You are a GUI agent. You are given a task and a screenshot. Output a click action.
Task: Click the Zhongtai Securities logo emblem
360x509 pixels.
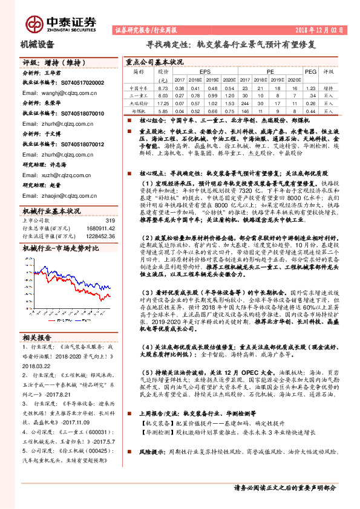[x=36, y=22]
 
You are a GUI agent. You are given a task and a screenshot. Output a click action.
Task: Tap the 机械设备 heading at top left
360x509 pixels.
[x=38, y=44]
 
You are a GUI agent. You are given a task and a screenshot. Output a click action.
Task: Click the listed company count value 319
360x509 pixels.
[x=110, y=221]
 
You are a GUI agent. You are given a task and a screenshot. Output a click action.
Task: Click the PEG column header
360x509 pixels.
[x=310, y=71]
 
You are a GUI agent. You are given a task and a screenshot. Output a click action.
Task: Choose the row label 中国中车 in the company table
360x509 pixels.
[x=139, y=88]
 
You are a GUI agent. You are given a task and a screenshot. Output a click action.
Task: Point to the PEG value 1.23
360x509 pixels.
[x=310, y=88]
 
